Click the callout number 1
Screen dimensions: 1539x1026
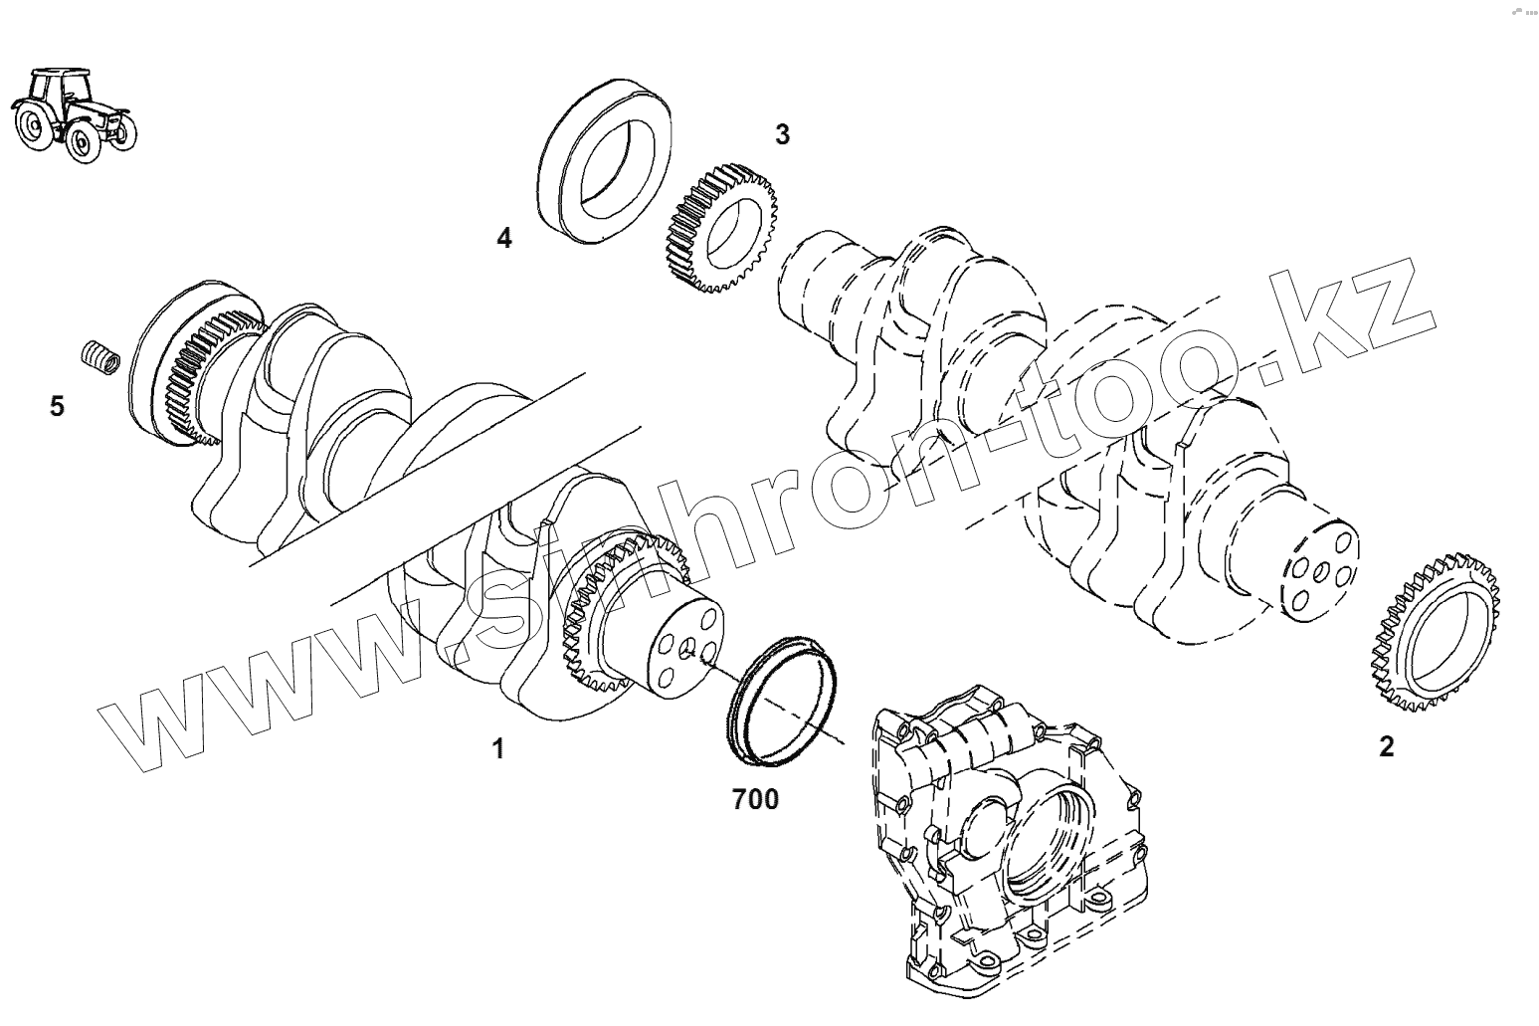[499, 748]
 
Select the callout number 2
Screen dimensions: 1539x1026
[1386, 746]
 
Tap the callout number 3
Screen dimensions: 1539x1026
[783, 134]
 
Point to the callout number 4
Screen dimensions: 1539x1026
[504, 239]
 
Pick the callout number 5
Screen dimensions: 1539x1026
[57, 406]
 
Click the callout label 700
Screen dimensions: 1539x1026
[755, 798]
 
